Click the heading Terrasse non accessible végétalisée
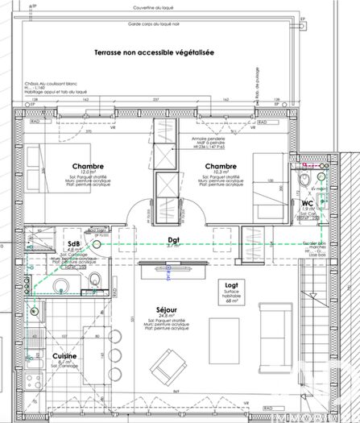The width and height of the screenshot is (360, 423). tap(153, 52)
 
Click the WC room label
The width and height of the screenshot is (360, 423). tap(306, 203)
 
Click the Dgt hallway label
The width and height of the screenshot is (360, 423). tap(172, 239)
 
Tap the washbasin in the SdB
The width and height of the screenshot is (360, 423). tap(94, 280)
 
